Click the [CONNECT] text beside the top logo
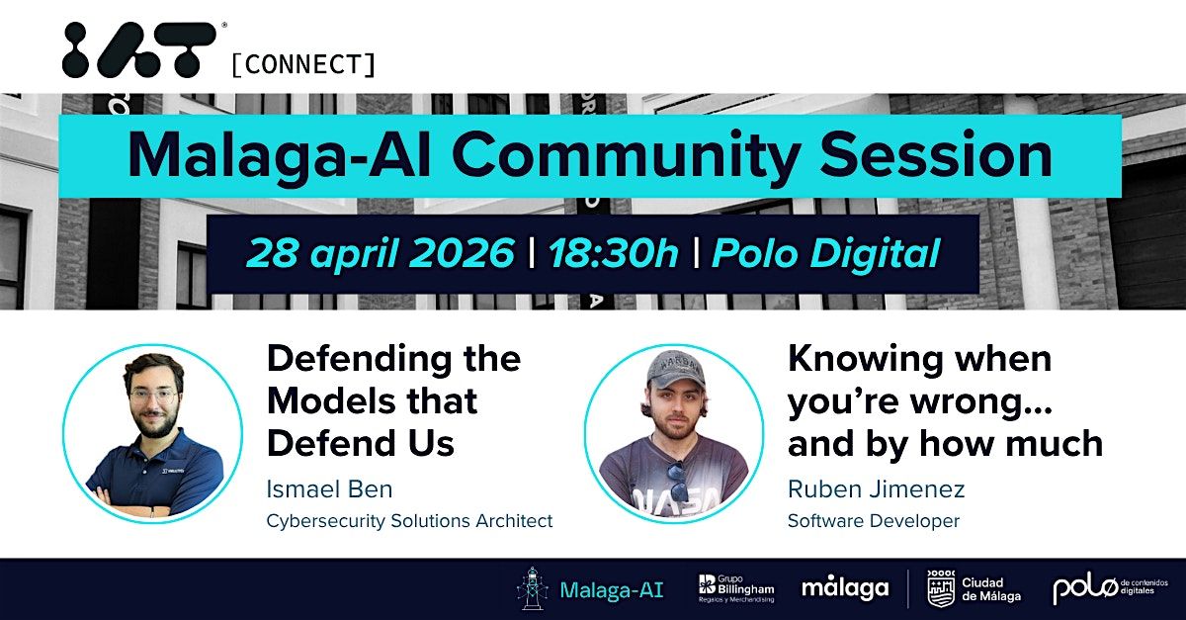[303, 64]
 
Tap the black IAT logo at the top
[139, 49]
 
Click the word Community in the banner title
[626, 157]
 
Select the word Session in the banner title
[936, 154]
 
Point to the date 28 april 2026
[381, 253]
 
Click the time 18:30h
[613, 253]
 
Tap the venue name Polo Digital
[826, 253]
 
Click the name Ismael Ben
[329, 488]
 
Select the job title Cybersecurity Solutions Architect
[409, 520]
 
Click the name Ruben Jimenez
[876, 488]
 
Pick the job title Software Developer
[873, 520]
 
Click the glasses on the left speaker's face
[153, 396]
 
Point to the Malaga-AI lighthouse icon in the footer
[531, 588]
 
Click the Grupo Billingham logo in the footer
[736, 588]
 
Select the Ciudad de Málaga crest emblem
[941, 588]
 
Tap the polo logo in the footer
[1110, 588]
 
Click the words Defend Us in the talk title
[361, 443]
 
